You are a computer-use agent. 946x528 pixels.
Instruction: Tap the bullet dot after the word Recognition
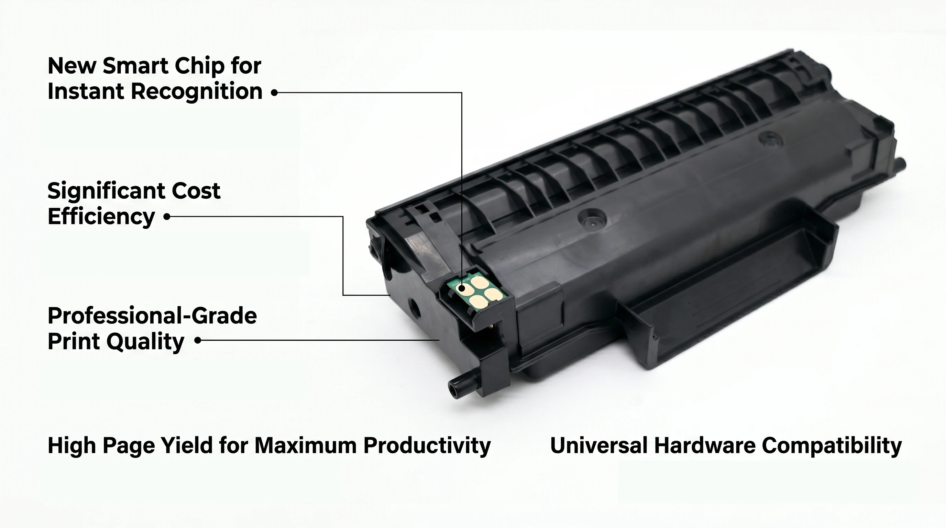tap(274, 93)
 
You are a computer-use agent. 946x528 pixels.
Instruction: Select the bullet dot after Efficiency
tap(167, 217)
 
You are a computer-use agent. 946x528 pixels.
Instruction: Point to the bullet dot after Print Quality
tap(198, 340)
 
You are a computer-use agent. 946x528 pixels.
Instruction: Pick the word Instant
tap(86, 91)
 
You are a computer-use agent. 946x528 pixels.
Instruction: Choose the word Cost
tap(196, 191)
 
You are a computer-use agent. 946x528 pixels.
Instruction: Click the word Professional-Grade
tap(152, 316)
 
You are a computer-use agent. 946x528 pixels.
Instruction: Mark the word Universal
tap(598, 445)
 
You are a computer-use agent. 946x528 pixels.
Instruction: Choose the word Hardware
tap(704, 445)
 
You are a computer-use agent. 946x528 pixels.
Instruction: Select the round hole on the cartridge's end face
tap(414, 306)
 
